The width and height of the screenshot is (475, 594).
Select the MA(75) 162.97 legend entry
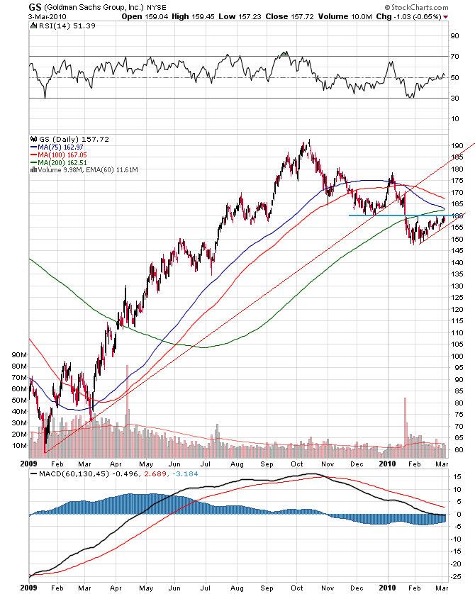[x=64, y=147]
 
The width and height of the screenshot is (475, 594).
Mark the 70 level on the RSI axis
[x=454, y=56]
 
